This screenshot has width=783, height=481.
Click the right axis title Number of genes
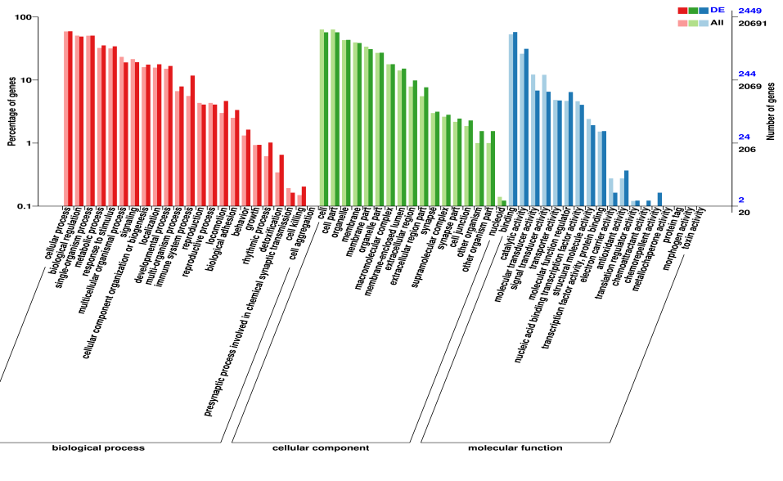[x=771, y=112]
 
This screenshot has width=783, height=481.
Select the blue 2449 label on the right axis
[x=750, y=10]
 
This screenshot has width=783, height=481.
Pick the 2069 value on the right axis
[x=750, y=86]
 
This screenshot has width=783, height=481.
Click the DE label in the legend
[x=717, y=9]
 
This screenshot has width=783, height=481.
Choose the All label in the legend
[x=717, y=22]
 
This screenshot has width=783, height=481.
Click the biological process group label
[x=98, y=448]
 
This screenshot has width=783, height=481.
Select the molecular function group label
[x=515, y=448]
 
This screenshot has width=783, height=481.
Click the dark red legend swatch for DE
[x=682, y=10]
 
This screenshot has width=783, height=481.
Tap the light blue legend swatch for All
[x=704, y=23]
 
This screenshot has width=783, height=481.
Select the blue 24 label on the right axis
[x=745, y=137]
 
